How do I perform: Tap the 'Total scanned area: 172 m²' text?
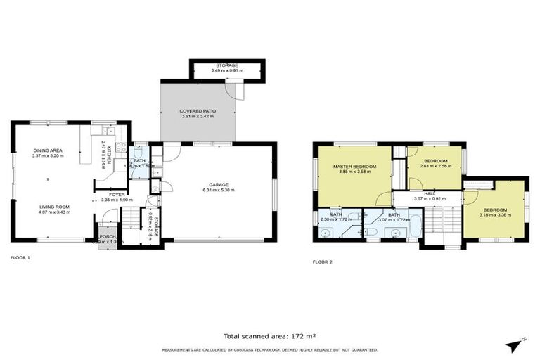(269, 337)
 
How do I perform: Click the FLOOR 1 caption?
(20, 258)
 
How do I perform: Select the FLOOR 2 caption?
(323, 262)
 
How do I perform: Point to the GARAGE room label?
(218, 184)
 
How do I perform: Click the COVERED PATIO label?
(198, 111)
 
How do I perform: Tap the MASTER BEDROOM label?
(354, 166)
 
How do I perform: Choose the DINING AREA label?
(48, 150)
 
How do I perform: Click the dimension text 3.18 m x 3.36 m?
(494, 214)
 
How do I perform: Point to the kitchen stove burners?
(109, 129)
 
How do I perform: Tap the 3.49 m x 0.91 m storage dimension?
(226, 71)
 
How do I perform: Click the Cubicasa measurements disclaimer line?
(269, 349)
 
